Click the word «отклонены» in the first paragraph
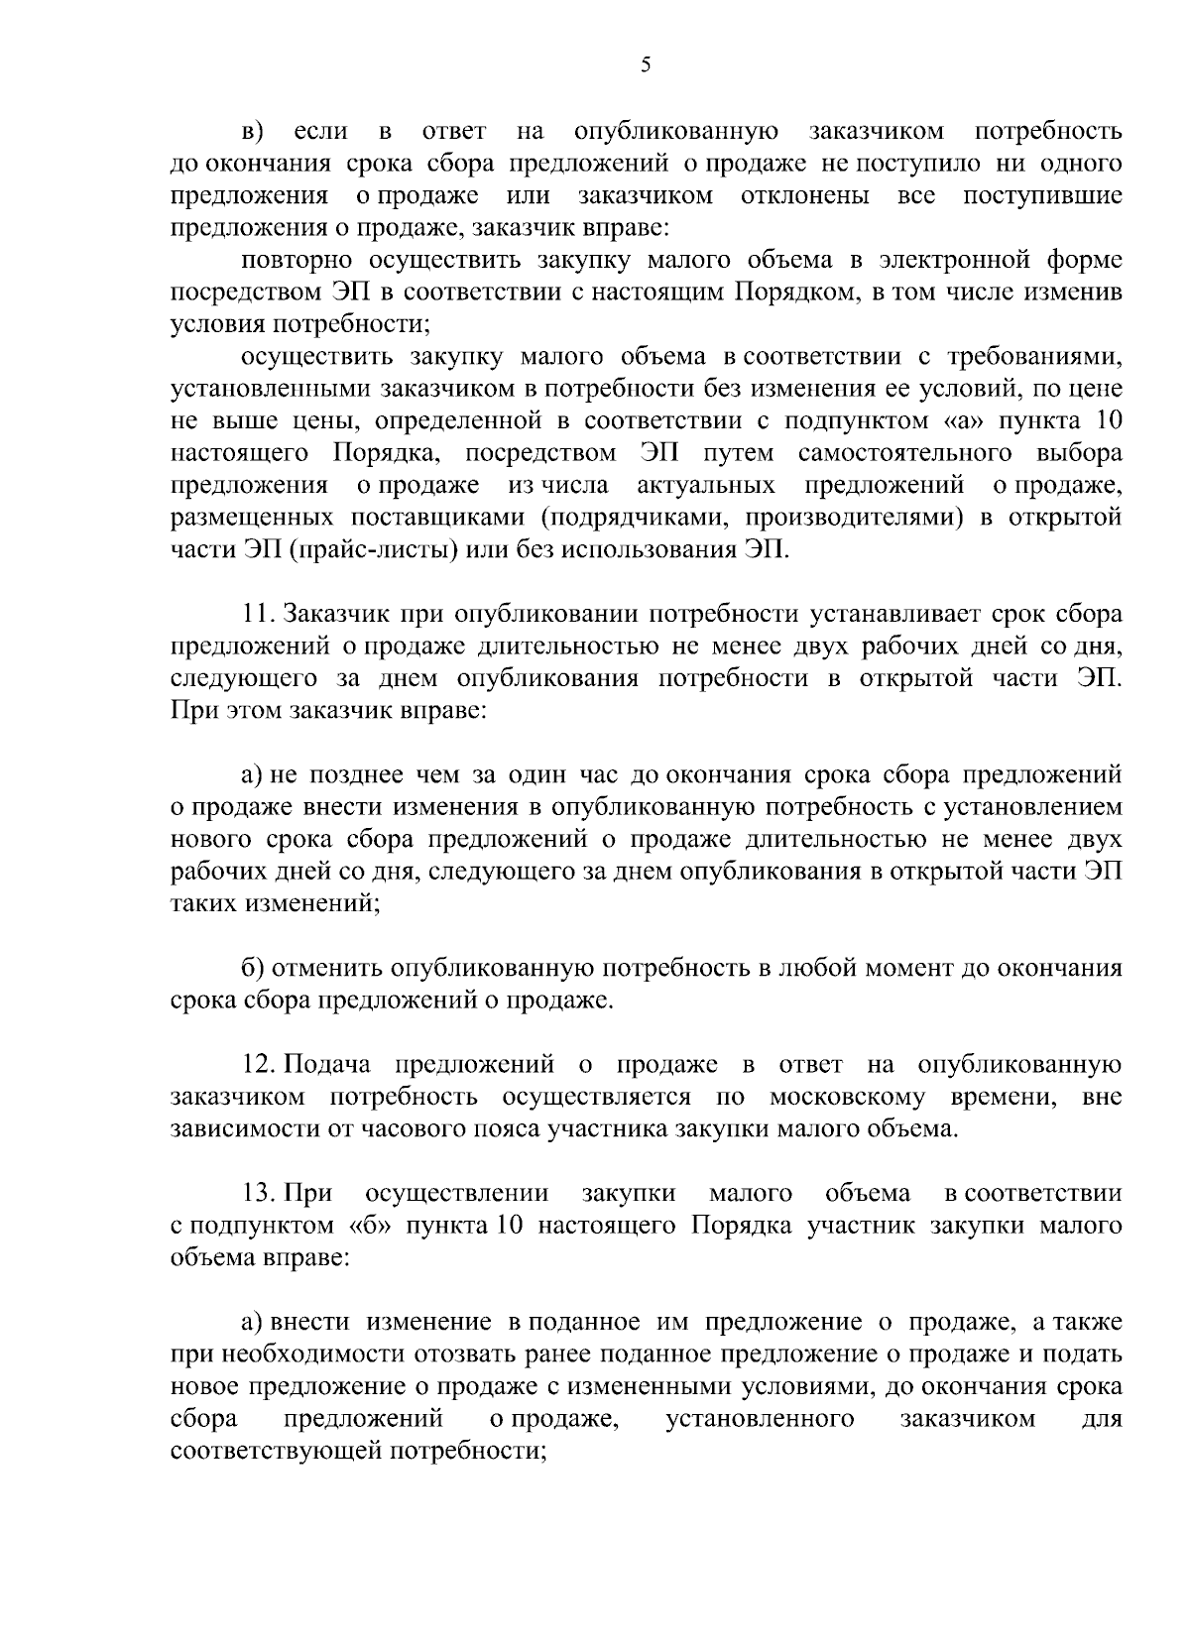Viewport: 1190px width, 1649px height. point(805,195)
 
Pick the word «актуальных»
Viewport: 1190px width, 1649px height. point(705,486)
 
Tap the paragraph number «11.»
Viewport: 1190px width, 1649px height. point(260,615)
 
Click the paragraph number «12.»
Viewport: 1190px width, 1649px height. point(261,1065)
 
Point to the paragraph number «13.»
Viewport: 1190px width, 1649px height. point(261,1194)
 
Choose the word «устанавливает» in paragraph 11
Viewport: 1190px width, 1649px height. point(882,615)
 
